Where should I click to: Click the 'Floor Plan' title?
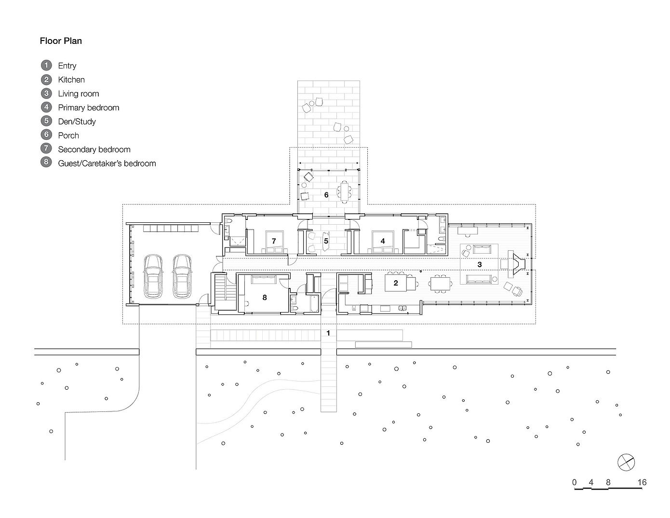click(x=61, y=41)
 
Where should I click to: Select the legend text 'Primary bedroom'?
click(x=88, y=108)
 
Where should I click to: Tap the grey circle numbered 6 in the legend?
click(x=46, y=135)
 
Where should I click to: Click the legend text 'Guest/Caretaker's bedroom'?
click(x=107, y=164)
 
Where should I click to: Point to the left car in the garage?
click(x=153, y=276)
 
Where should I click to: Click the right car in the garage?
click(x=182, y=276)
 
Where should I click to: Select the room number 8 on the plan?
click(x=265, y=298)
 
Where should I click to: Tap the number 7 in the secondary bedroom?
click(x=273, y=241)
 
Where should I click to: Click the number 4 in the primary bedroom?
click(x=383, y=241)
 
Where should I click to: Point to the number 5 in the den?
click(x=326, y=241)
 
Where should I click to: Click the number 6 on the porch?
click(x=326, y=195)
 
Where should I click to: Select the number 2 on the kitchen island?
click(x=396, y=283)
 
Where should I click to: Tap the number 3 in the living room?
click(x=479, y=264)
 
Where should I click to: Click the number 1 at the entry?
click(x=328, y=333)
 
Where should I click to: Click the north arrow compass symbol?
click(x=626, y=462)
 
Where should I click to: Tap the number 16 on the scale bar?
click(x=641, y=482)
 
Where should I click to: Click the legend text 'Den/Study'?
click(x=77, y=122)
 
